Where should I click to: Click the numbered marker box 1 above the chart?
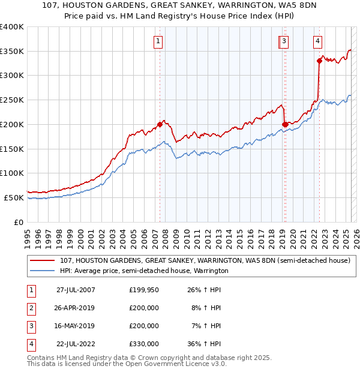point(158,41)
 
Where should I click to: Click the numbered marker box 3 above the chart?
point(283,41)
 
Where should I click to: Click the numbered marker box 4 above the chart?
point(317,41)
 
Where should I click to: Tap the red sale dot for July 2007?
point(160,124)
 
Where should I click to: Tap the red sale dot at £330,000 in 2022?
point(320,61)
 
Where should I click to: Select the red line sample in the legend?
point(42,261)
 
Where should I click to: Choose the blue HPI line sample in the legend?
point(42,271)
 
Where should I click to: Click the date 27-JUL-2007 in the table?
point(76,290)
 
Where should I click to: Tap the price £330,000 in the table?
point(144,344)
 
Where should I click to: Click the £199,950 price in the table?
point(144,290)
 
